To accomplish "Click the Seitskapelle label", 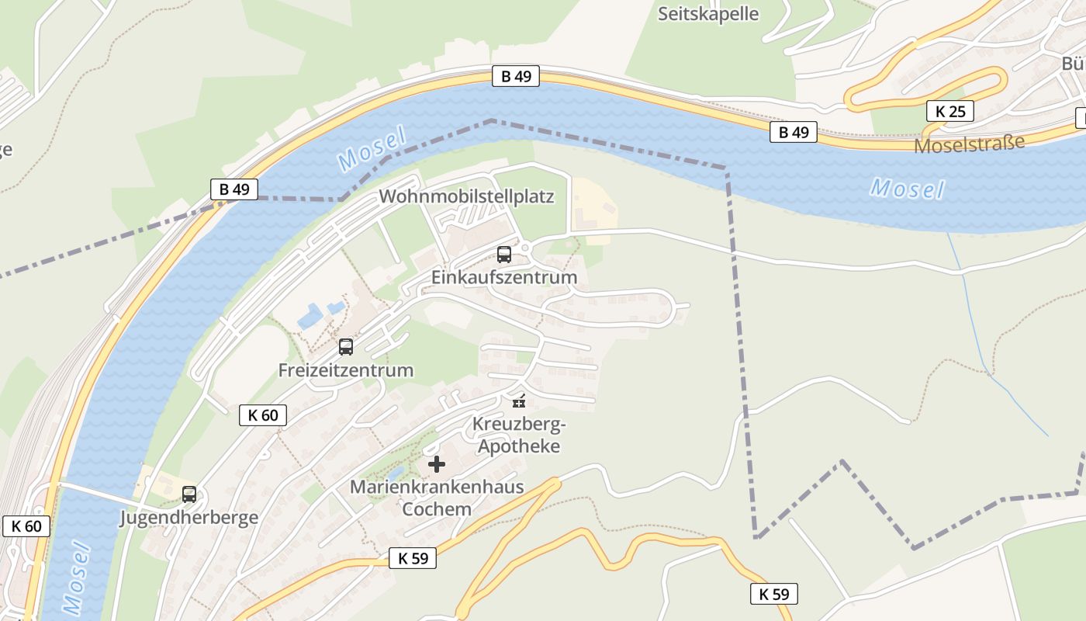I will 708,14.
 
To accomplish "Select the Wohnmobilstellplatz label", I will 466,196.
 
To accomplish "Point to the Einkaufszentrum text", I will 504,277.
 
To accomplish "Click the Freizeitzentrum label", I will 345,370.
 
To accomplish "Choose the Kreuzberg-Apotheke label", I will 519,435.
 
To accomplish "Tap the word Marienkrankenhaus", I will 437,487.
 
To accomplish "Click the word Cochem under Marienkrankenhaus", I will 437,509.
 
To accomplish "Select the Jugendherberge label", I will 188,518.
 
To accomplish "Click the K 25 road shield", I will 950,111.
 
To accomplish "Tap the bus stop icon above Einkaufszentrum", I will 504,254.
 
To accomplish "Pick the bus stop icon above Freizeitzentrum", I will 346,347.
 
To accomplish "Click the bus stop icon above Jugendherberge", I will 188,494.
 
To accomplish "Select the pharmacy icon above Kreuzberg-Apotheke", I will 519,401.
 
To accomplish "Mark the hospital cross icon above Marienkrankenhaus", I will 437,464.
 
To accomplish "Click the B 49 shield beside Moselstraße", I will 794,132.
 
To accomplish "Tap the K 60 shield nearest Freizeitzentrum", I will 263,415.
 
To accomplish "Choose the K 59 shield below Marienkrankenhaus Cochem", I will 413,557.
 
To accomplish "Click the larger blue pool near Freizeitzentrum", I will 310,316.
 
